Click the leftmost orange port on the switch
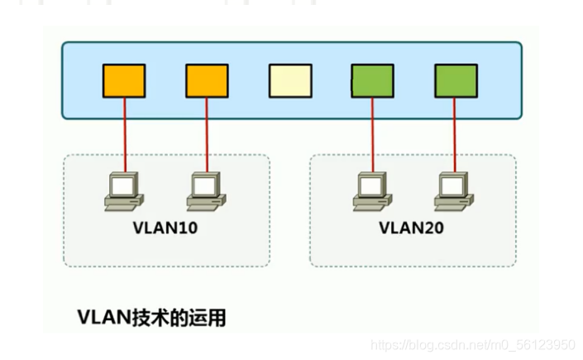(x=124, y=80)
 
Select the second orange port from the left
(x=207, y=80)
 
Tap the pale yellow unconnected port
(x=289, y=80)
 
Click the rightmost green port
(x=456, y=80)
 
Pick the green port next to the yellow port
(x=372, y=80)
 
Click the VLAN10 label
(x=165, y=227)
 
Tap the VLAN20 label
(x=412, y=227)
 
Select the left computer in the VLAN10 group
(x=124, y=190)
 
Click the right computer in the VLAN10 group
(x=207, y=190)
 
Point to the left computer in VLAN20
(x=372, y=190)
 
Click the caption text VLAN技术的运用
(x=151, y=317)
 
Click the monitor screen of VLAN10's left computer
(x=124, y=184)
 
